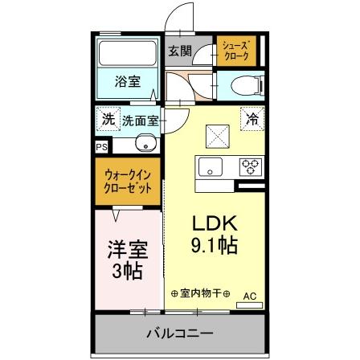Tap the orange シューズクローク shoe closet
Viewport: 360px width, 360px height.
click(236, 52)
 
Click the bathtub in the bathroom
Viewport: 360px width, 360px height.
click(128, 55)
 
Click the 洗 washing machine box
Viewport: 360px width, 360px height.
click(108, 119)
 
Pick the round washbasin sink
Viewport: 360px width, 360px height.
click(144, 144)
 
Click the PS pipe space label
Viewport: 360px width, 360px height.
click(101, 147)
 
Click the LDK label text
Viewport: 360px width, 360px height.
click(213, 223)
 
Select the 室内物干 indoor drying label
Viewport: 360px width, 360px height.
click(201, 292)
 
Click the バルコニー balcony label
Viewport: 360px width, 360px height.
click(179, 333)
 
